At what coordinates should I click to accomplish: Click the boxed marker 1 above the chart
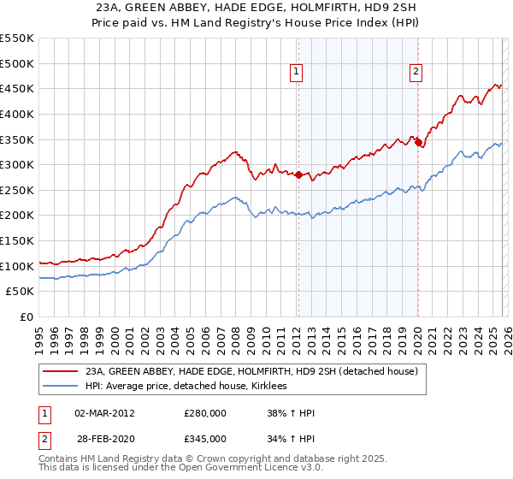[297, 72]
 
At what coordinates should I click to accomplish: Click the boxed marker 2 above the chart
[416, 72]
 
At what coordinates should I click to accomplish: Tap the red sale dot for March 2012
[298, 175]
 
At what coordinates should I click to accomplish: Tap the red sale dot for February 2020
[418, 143]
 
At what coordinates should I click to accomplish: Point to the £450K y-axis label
[17, 89]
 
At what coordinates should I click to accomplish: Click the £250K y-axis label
[17, 191]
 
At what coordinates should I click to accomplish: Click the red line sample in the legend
[61, 371]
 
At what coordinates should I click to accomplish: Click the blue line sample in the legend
[61, 387]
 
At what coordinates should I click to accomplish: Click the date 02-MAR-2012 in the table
[104, 413]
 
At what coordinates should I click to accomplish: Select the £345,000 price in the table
[205, 439]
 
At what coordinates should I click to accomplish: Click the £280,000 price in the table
[205, 413]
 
